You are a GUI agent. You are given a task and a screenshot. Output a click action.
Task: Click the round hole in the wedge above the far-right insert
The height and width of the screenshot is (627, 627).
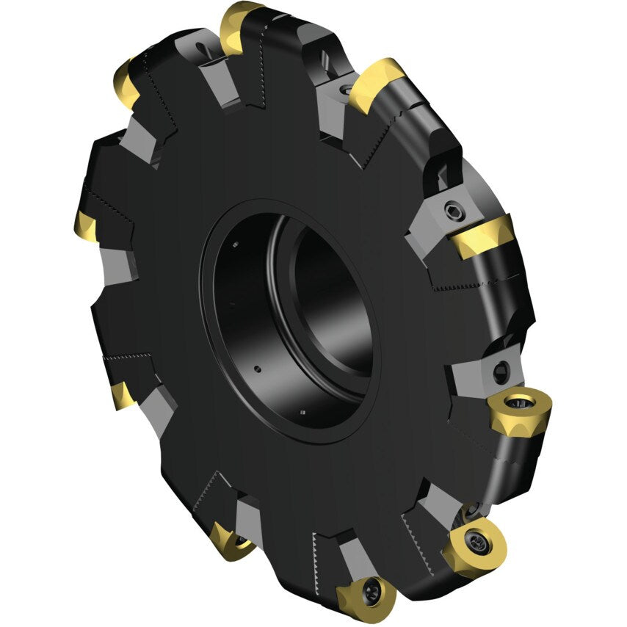tap(501, 370)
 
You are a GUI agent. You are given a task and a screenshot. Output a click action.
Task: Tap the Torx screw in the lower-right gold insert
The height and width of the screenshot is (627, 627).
tap(476, 543)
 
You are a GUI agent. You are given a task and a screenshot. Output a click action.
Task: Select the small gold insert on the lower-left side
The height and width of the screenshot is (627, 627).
tap(122, 395)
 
